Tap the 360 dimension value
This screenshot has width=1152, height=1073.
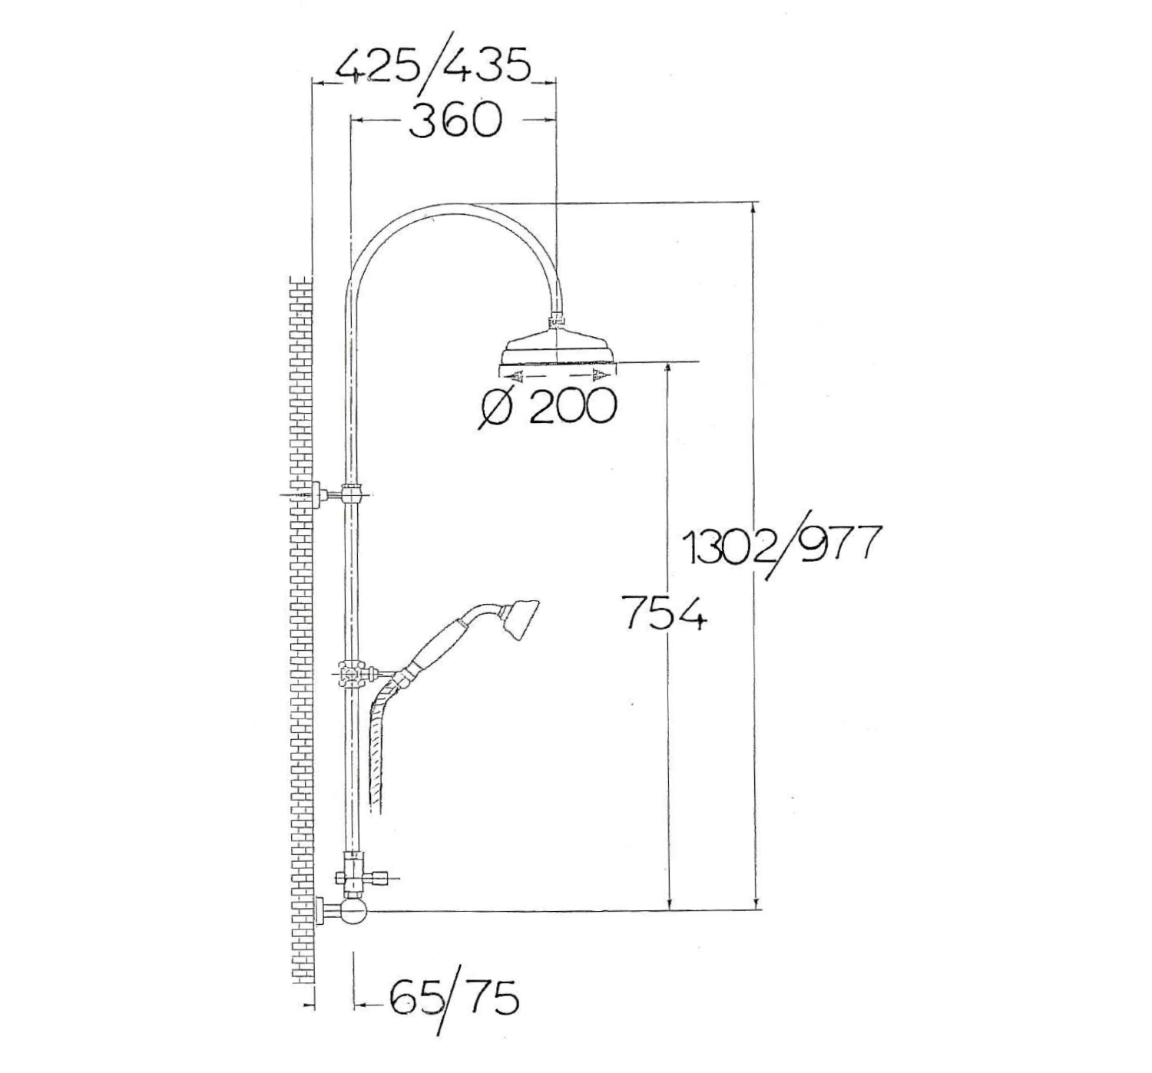(455, 121)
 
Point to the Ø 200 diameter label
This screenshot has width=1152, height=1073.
(548, 406)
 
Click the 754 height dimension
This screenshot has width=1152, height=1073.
(663, 613)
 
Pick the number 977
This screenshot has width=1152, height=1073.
(837, 544)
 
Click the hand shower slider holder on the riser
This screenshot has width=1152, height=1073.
(353, 675)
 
